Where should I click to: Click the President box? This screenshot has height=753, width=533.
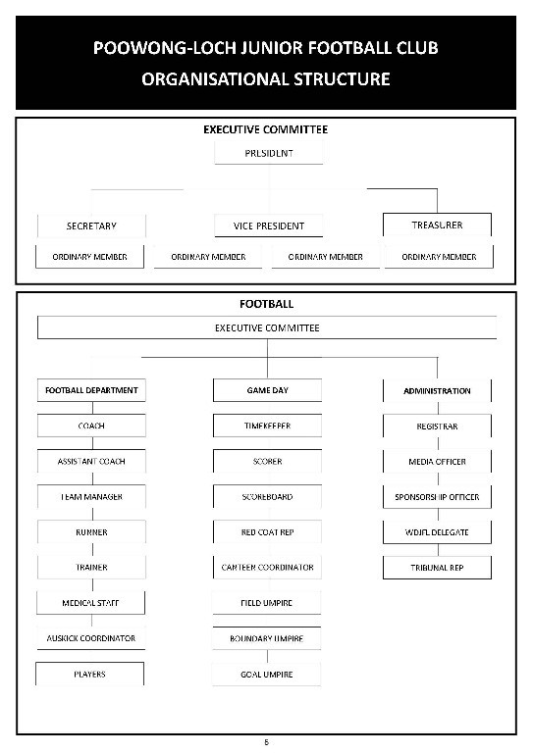coord(267,153)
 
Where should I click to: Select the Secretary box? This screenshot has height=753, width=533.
coord(91,226)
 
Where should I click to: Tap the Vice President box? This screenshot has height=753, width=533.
coord(268,226)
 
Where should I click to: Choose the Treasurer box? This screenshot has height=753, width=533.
coord(437,226)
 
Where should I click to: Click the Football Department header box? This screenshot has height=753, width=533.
coord(91,390)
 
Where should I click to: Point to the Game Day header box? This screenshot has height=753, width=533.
coord(267,390)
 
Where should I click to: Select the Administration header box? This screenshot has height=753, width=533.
coord(437,390)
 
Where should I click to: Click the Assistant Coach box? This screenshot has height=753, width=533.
coord(91,461)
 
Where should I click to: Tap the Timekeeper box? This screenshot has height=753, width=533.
coord(267,426)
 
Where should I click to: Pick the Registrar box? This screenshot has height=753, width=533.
coord(437,426)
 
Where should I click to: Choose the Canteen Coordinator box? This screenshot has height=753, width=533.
coord(267,568)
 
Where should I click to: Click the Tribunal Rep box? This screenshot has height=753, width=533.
coord(437,568)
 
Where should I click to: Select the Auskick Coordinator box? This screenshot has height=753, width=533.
coord(91,638)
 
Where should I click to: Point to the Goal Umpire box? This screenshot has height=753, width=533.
coord(267,674)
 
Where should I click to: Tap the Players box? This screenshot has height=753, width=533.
coord(90,674)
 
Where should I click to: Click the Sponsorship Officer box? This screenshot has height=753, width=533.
coord(437,497)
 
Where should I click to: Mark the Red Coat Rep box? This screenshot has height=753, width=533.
coord(267,532)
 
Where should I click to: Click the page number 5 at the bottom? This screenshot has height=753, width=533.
coord(266,742)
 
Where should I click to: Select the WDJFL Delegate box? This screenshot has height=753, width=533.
coord(437,532)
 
